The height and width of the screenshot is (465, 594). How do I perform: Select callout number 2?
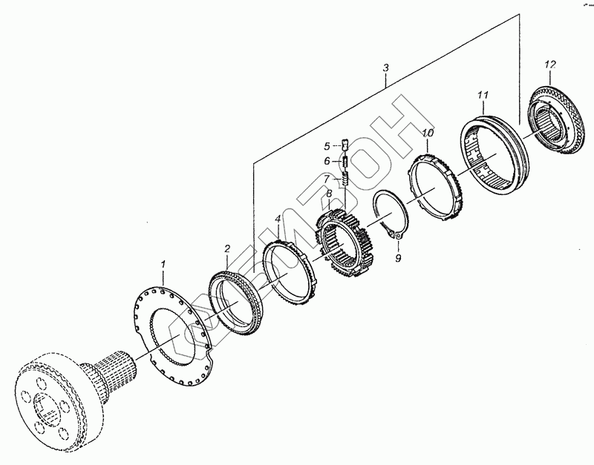pyautogui.click(x=228, y=249)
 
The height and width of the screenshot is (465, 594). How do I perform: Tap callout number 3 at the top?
pyautogui.click(x=385, y=68)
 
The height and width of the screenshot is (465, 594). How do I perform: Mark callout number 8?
pyautogui.click(x=328, y=194)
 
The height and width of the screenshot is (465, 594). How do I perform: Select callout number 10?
pyautogui.click(x=427, y=133)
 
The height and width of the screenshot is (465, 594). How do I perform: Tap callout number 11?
pyautogui.click(x=482, y=96)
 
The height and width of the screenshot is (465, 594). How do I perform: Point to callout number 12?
pyautogui.click(x=549, y=66)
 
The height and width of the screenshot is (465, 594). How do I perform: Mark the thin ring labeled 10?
pyautogui.click(x=438, y=182)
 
